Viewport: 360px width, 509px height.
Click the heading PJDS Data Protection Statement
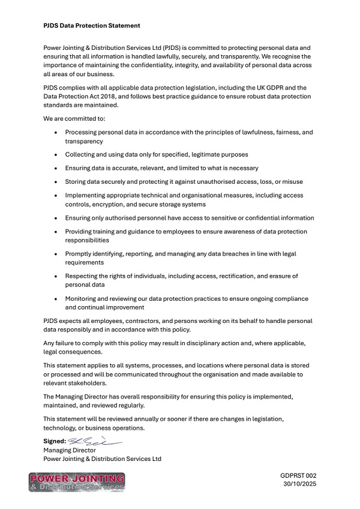click(x=92, y=26)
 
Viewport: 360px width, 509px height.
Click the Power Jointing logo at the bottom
click(x=77, y=482)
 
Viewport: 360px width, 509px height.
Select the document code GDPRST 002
click(x=298, y=475)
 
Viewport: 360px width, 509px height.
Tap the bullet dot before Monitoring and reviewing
click(x=56, y=298)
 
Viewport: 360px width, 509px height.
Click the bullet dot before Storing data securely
click(x=56, y=181)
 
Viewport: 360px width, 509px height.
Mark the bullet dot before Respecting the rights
click(x=56, y=276)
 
